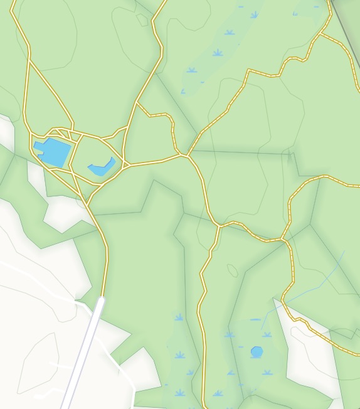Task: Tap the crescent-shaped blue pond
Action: (102, 168)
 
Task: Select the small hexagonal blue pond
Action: (257, 352)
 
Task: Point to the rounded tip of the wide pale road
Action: (100, 302)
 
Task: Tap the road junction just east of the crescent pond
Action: (125, 166)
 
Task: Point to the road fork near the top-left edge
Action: (29, 60)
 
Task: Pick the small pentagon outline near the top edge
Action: (142, 20)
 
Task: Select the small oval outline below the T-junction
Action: (233, 270)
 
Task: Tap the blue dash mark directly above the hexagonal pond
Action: (255, 320)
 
